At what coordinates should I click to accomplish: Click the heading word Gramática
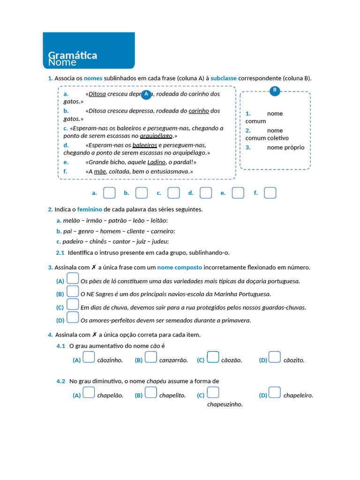[x=73, y=55]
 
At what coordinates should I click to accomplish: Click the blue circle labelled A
[x=146, y=94]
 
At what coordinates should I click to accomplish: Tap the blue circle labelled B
[x=275, y=90]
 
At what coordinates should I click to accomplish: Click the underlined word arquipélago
[x=156, y=136]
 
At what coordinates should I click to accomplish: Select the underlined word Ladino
[x=157, y=162]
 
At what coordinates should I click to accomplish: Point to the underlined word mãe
[x=100, y=172]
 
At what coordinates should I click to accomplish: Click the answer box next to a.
[x=109, y=193]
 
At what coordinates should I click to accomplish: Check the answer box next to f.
[x=270, y=193]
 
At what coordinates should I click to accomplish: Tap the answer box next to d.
[x=205, y=193]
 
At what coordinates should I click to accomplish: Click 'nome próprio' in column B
[x=285, y=147]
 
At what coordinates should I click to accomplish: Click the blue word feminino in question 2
[x=90, y=210]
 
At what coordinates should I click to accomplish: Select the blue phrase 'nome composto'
[x=180, y=267]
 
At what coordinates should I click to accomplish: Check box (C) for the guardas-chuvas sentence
[x=73, y=305]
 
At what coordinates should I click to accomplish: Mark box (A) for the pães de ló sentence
[x=73, y=278]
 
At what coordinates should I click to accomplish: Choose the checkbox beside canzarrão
[x=150, y=357]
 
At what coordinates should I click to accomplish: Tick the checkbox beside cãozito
[x=275, y=357]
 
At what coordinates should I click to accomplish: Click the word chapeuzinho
[x=225, y=405]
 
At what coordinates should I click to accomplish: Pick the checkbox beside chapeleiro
[x=275, y=392]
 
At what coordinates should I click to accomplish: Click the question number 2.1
[x=60, y=253]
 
